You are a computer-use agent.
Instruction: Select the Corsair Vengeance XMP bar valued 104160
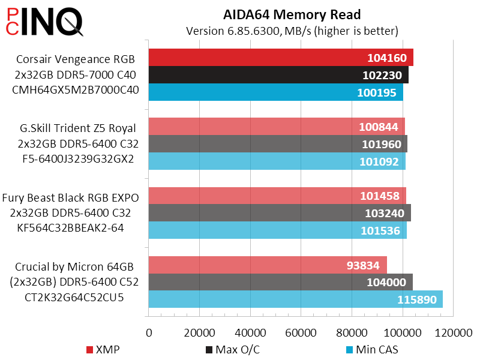point(280,58)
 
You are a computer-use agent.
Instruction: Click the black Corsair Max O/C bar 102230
point(278,75)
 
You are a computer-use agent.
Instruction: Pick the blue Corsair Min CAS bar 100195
point(275,92)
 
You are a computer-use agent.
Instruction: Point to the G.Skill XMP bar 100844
point(276,127)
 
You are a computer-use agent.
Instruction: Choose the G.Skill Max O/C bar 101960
point(277,144)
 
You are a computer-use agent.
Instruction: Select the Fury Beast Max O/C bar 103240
point(279,213)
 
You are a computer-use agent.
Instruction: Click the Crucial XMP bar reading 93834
point(267,265)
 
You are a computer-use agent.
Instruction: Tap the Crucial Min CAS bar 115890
point(295,299)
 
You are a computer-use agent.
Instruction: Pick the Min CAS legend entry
point(372,349)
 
